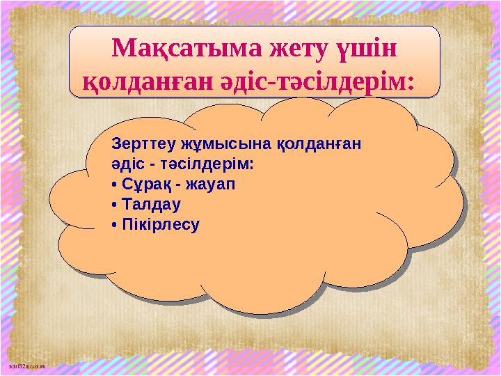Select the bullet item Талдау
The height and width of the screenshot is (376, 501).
click(x=151, y=205)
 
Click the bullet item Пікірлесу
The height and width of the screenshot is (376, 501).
click(x=160, y=225)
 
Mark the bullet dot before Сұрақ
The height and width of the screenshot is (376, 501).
click(x=114, y=186)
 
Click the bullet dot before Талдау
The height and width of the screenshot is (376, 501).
click(x=114, y=206)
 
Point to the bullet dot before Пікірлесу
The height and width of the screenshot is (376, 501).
click(x=114, y=226)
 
